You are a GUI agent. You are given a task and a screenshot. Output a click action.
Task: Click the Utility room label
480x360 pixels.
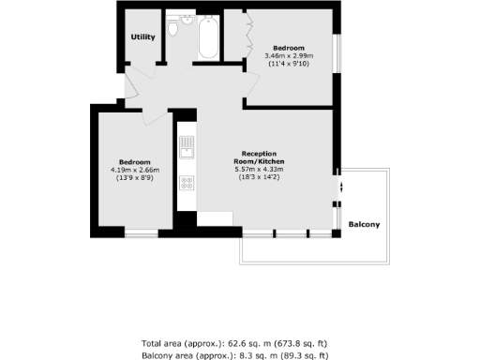[x=142, y=37]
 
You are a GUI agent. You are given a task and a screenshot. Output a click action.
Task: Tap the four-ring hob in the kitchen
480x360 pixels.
[x=186, y=182]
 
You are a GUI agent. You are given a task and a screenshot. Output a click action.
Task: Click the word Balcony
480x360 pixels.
[x=364, y=225]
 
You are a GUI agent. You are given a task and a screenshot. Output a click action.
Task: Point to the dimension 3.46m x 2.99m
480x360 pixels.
[x=290, y=56]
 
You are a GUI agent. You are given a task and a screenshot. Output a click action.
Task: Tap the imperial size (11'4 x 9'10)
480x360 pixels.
[x=290, y=65]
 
